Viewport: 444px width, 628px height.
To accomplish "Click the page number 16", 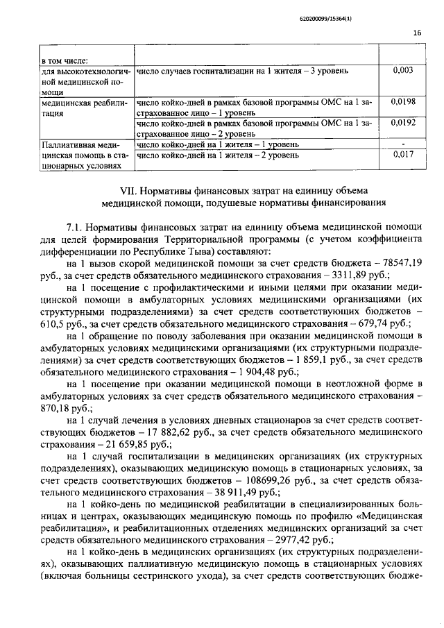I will pyautogui.click(x=416, y=33).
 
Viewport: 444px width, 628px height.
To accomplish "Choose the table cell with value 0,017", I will pyautogui.click(x=402, y=155).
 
